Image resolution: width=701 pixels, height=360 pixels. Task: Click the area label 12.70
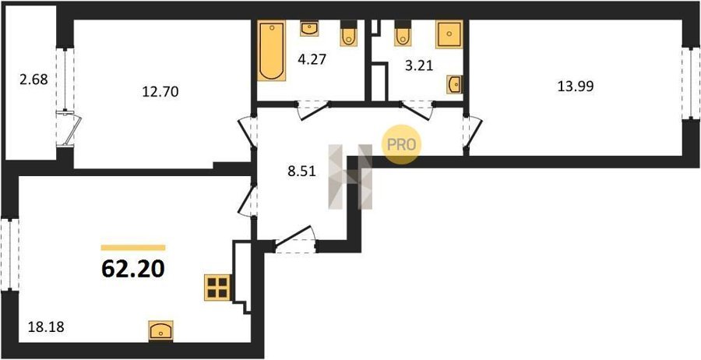click(160, 92)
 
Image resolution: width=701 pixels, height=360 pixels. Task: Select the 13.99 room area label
click(575, 86)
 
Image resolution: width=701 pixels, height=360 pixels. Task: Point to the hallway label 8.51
click(301, 171)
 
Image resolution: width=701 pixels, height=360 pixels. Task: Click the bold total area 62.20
click(133, 269)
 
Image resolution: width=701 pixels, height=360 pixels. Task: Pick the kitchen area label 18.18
click(46, 327)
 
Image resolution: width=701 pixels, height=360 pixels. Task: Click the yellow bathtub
click(271, 51)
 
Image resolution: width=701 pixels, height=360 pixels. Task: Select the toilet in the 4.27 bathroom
click(349, 34)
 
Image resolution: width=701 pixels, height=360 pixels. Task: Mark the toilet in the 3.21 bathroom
click(403, 34)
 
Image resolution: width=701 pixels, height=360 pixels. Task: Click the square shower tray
click(449, 34)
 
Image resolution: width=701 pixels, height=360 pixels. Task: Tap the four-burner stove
click(217, 287)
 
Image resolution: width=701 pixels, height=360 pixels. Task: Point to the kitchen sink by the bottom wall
click(161, 331)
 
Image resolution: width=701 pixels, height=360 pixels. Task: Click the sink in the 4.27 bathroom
click(309, 29)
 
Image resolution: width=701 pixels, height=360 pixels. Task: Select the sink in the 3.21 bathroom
click(455, 84)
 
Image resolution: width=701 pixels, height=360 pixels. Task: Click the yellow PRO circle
click(401, 144)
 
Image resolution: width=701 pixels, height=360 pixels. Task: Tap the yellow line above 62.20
click(133, 247)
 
